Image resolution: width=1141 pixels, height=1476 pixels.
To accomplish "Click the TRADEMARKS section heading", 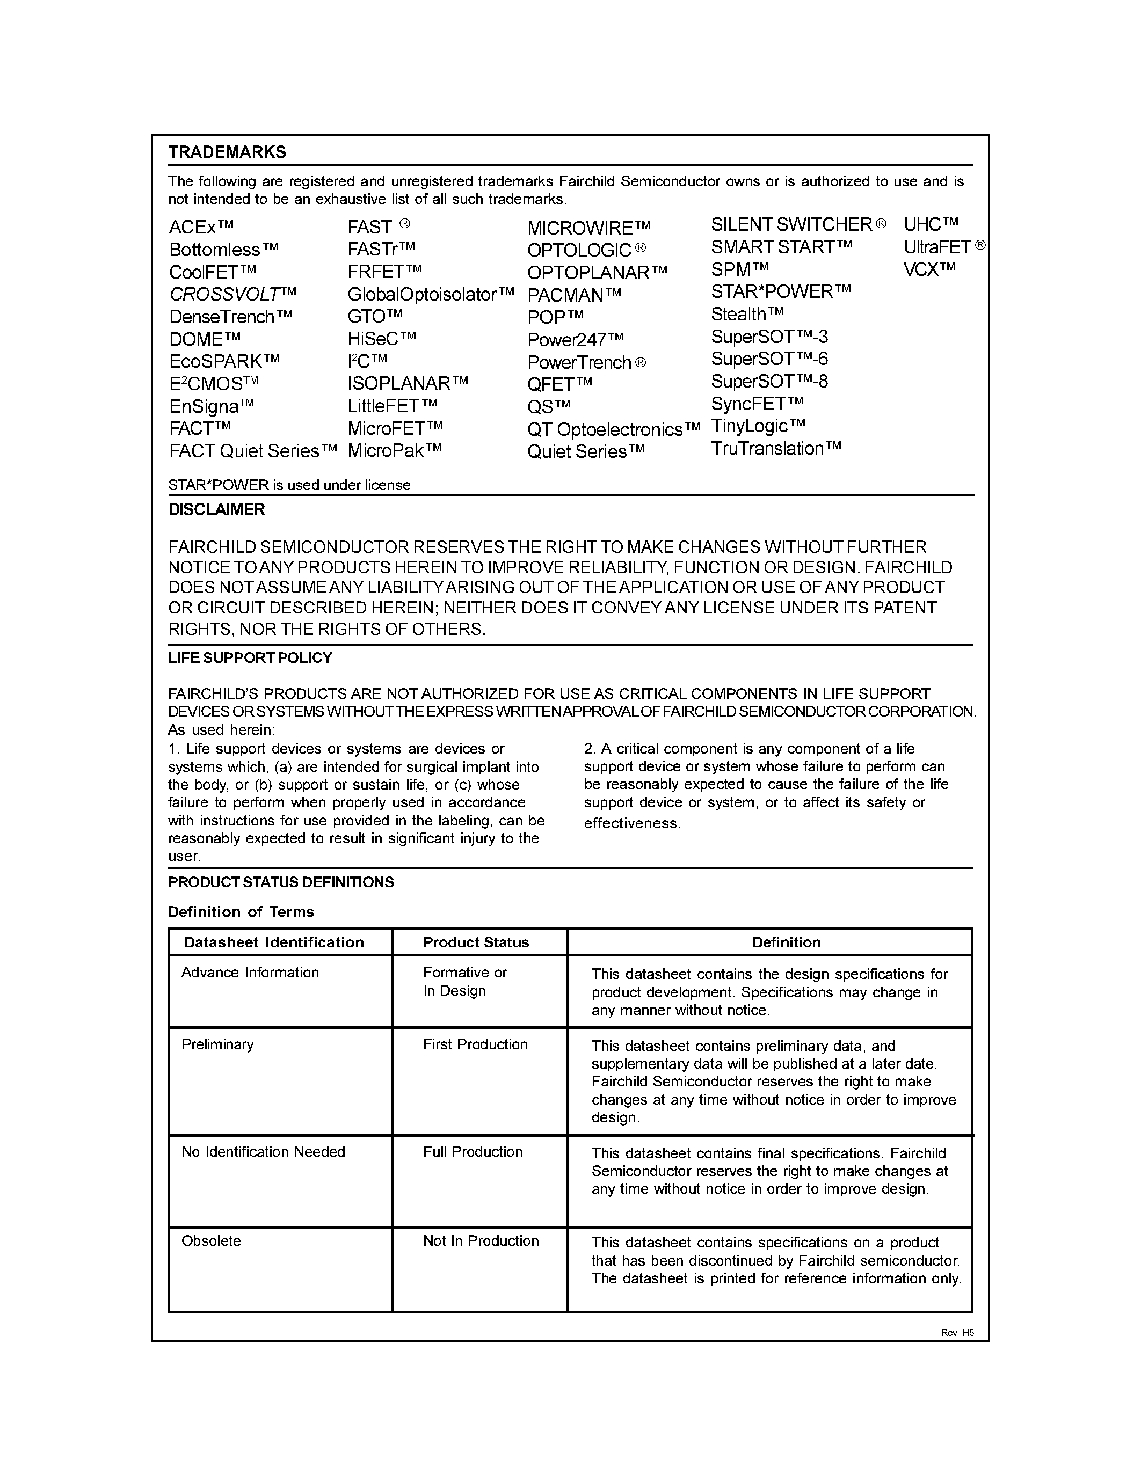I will click(227, 152).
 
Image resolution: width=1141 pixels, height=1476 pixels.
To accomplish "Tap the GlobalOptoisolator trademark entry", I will click(430, 295).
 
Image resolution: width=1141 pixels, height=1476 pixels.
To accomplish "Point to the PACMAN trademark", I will click(574, 295).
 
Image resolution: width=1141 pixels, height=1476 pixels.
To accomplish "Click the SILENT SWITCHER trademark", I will click(797, 224).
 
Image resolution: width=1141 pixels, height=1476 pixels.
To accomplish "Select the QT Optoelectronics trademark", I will click(613, 430).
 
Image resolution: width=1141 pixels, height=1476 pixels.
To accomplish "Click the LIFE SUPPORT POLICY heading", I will click(250, 657).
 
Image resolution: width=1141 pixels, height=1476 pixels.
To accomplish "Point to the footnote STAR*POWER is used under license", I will click(289, 485).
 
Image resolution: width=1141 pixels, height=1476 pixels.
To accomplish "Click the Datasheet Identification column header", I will click(274, 942).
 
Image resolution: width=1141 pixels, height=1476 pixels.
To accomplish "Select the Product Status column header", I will click(476, 942).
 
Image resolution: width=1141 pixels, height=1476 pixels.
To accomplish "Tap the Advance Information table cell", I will click(250, 973).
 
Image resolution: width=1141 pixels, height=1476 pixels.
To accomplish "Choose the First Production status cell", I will click(475, 1044).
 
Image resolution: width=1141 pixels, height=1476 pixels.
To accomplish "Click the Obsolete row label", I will click(211, 1241).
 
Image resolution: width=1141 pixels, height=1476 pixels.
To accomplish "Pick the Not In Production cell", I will click(481, 1241).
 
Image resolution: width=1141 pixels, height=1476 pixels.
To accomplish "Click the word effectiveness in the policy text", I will click(631, 823).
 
